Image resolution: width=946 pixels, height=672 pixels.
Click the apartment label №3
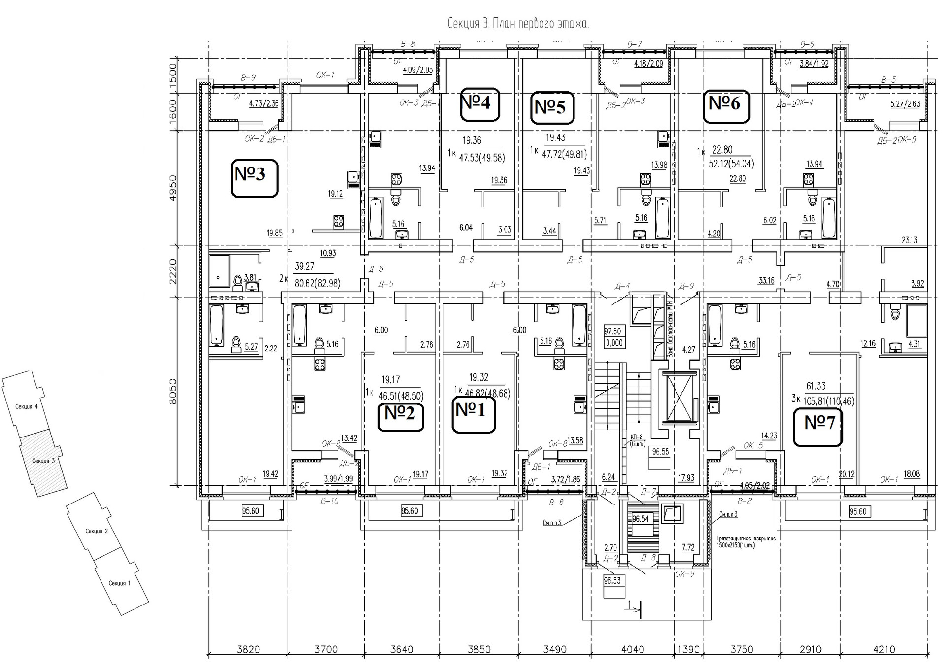(255, 175)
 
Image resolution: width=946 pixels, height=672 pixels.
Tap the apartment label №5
(553, 107)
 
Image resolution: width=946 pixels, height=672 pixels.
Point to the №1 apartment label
(473, 410)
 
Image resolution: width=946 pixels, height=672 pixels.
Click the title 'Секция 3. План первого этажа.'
(518, 24)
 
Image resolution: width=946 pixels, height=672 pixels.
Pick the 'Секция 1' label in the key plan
(119, 583)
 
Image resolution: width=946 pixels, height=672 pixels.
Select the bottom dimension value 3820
(248, 650)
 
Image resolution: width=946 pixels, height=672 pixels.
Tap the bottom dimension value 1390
(688, 650)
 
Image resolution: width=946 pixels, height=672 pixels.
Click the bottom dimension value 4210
(884, 650)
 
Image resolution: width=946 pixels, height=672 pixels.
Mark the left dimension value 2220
(172, 271)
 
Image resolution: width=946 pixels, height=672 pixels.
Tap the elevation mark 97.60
(614, 331)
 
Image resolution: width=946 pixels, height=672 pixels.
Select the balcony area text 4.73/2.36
(264, 104)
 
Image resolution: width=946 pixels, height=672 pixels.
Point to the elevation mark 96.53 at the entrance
(612, 581)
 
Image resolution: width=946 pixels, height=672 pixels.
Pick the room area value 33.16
(766, 281)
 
